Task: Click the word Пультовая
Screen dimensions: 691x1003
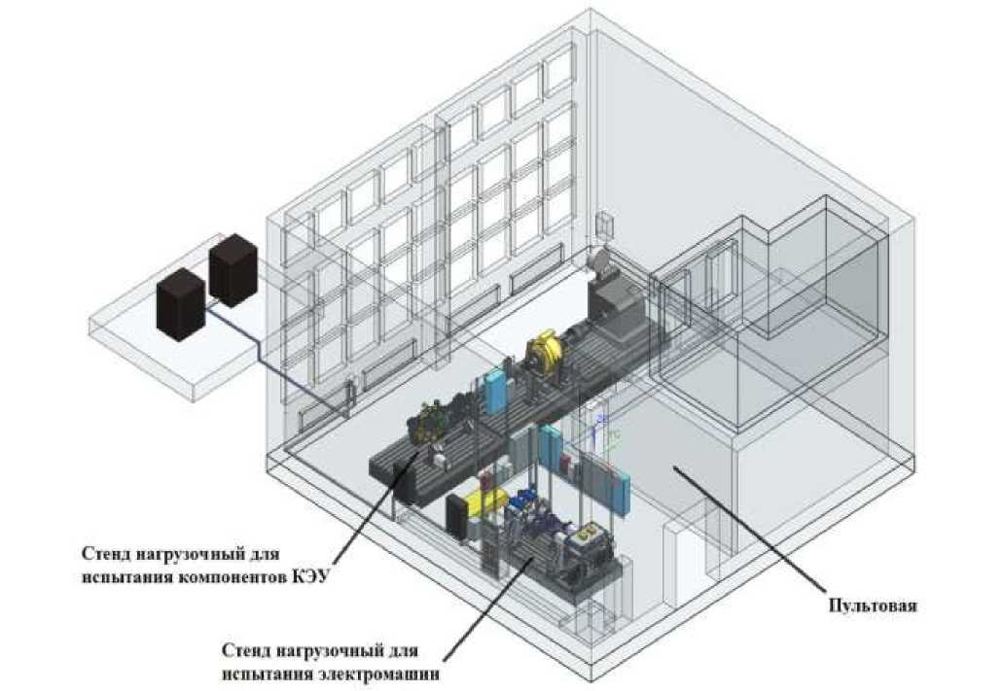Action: click(x=872, y=606)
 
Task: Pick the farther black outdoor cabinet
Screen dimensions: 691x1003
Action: click(x=233, y=269)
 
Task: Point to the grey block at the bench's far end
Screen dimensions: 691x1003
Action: click(x=612, y=292)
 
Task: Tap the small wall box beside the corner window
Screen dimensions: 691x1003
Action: click(x=603, y=225)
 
